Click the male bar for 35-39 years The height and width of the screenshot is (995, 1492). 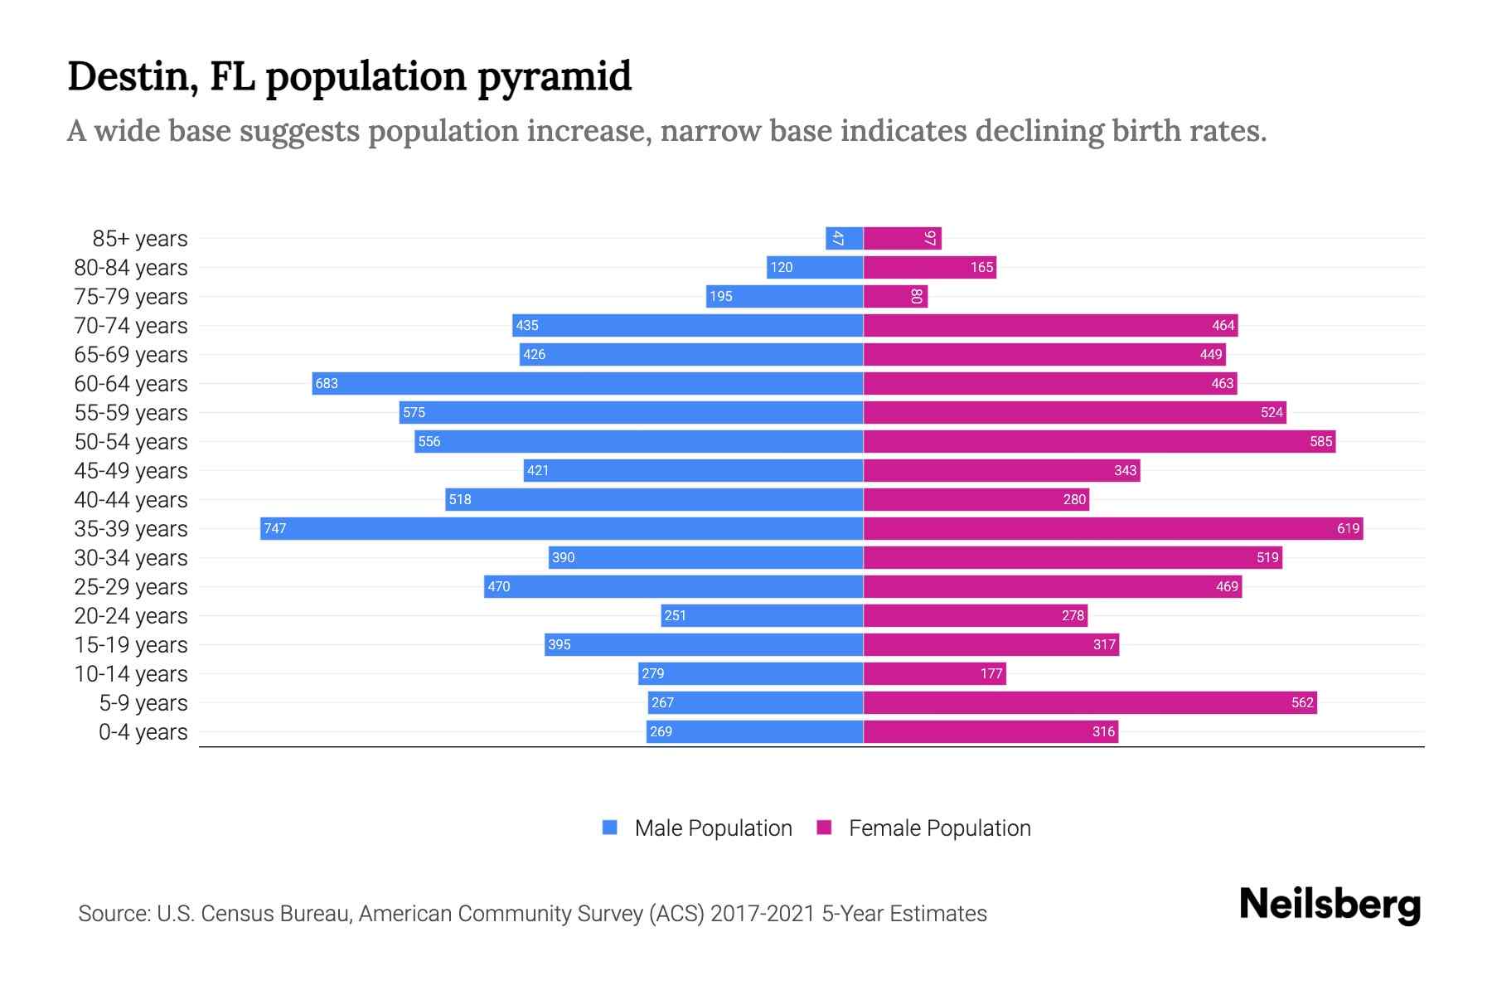[562, 528]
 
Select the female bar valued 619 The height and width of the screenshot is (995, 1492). [1113, 528]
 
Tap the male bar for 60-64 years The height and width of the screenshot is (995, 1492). [588, 383]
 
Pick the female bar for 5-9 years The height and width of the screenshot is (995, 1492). [1090, 702]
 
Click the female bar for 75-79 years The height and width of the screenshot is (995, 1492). [895, 296]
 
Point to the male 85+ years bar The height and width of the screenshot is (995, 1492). [844, 238]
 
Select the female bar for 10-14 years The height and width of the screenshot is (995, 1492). [934, 673]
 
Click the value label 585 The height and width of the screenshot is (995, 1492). [1320, 441]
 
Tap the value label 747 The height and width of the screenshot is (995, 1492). [275, 528]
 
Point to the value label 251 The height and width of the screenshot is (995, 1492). [675, 615]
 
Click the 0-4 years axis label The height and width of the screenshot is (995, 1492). [143, 732]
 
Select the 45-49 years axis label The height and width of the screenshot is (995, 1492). [131, 471]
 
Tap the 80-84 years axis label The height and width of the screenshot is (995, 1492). [131, 268]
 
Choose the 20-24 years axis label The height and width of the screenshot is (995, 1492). [131, 616]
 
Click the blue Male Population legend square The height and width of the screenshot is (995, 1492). [610, 828]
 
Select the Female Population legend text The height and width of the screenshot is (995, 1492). [939, 828]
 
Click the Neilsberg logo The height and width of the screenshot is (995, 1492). [1330, 905]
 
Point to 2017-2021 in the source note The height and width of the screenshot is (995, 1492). [763, 914]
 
